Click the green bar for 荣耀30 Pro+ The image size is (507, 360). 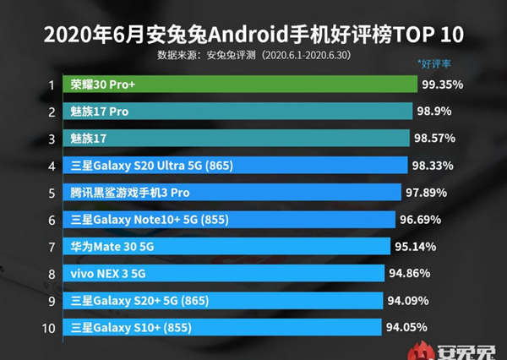click(x=241, y=85)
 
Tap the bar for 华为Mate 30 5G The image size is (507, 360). click(x=227, y=247)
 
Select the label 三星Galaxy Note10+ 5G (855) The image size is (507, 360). click(x=138, y=220)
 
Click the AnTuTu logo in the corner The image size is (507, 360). click(x=456, y=347)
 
